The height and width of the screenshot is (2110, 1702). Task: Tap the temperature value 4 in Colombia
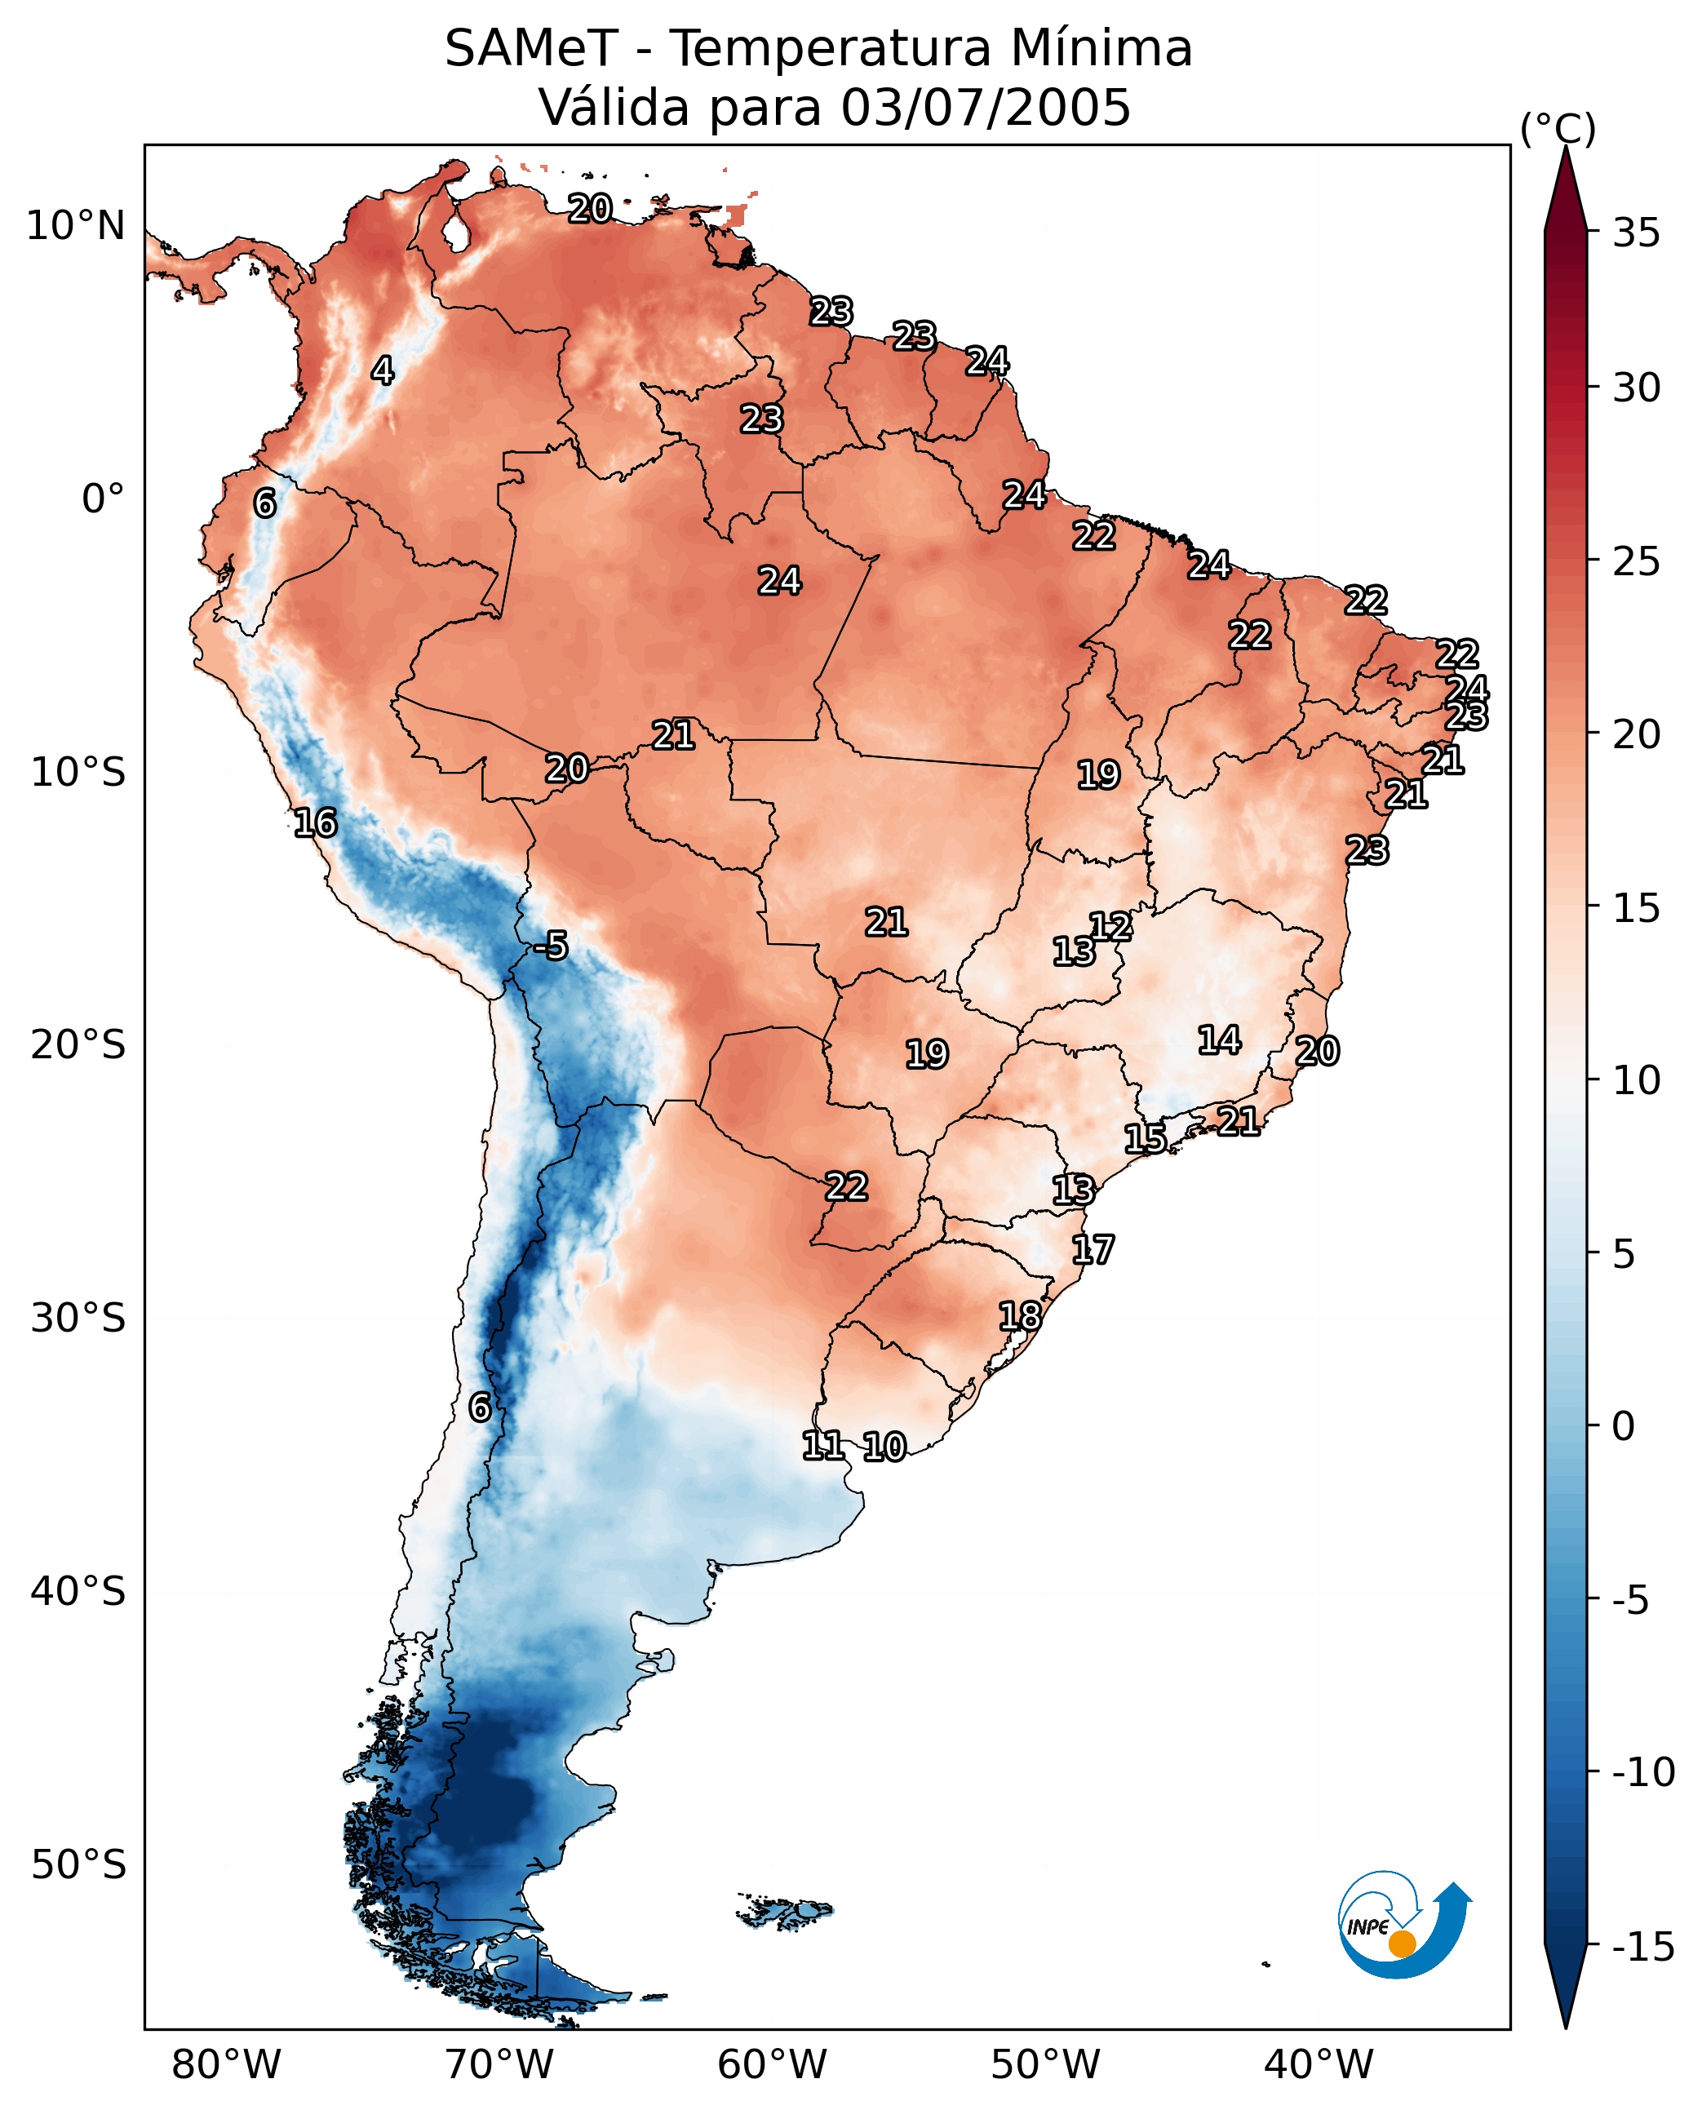tap(383, 370)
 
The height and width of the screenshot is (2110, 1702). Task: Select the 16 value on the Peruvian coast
tap(316, 822)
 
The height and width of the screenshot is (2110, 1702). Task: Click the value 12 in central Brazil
tap(1110, 927)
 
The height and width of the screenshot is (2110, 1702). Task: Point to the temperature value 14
tap(1220, 1040)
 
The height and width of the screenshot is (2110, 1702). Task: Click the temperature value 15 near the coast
tap(1145, 1139)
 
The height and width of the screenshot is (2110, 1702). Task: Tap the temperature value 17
tap(1093, 1250)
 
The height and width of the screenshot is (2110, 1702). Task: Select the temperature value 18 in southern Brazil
tap(1021, 1316)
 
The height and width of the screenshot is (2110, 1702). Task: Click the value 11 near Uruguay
tap(822, 1445)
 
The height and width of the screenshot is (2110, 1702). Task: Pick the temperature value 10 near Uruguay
tap(884, 1447)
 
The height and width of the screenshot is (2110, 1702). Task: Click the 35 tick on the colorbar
tap(1636, 233)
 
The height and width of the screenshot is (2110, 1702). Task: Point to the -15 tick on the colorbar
tap(1643, 1948)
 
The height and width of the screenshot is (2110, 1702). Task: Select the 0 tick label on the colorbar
tap(1624, 1426)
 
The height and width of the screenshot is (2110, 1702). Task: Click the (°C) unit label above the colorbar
tap(1558, 128)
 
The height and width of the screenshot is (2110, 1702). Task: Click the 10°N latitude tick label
tap(76, 227)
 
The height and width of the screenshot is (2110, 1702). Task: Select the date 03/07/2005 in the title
tap(986, 107)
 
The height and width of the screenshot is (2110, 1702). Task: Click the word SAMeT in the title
tap(531, 48)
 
